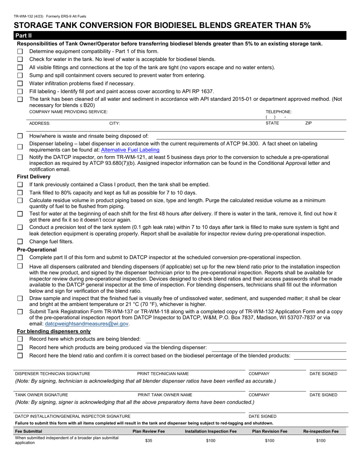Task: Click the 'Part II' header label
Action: [24, 36]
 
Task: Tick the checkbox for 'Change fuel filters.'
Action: [20, 242]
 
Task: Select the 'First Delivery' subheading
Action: [34, 177]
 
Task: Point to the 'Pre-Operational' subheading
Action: [37, 250]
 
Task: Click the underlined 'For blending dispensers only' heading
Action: [54, 331]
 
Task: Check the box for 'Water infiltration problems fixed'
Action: [20, 83]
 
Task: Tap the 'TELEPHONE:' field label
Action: [279, 112]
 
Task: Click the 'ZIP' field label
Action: [308, 124]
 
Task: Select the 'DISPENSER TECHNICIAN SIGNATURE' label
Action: [53, 374]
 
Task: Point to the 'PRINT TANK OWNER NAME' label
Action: [165, 395]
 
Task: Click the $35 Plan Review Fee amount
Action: [149, 441]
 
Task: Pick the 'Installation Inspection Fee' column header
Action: [211, 431]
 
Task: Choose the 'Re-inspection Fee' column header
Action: [321, 431]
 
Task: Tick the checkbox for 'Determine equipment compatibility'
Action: [20, 51]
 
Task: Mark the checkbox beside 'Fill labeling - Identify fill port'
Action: [20, 91]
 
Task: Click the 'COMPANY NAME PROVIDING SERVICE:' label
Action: [69, 112]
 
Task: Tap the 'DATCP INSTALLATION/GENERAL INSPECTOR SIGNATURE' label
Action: [72, 416]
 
